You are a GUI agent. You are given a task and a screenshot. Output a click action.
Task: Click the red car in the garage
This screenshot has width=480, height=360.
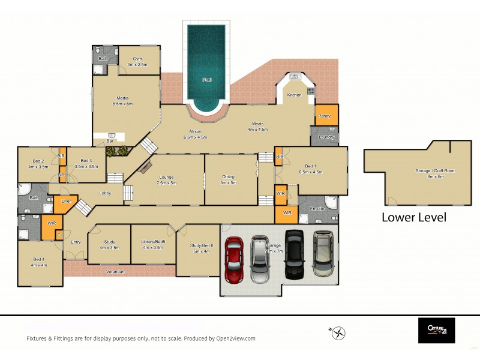(234, 260)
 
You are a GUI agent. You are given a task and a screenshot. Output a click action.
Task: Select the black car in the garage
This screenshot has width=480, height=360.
(294, 254)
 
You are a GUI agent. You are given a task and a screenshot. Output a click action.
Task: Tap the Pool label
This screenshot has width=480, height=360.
(206, 79)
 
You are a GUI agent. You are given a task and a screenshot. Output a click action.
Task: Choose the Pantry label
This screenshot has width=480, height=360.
(325, 116)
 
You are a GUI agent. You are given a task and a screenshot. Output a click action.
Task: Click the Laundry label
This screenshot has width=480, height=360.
(326, 137)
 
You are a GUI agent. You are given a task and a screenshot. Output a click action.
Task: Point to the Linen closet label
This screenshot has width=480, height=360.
(66, 201)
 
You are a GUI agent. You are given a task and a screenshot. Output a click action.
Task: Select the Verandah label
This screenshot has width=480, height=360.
(115, 272)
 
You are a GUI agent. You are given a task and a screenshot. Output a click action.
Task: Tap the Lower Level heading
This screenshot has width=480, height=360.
(413, 217)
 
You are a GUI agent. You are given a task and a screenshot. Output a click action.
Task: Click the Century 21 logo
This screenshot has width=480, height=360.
(436, 330)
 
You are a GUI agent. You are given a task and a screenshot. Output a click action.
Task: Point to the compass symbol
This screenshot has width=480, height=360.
(338, 332)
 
